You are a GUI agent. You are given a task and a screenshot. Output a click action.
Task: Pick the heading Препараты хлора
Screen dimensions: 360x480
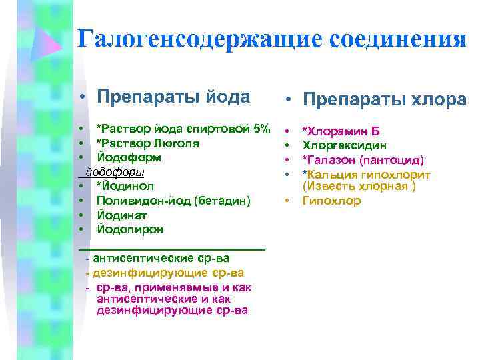click(385, 99)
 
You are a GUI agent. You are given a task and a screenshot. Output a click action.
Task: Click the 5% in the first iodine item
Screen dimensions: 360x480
click(261, 128)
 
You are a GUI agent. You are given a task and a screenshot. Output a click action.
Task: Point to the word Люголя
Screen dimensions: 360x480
click(175, 143)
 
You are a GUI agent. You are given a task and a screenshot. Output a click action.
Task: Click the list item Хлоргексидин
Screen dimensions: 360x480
click(344, 145)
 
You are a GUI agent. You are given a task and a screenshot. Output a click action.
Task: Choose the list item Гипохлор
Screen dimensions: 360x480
click(331, 201)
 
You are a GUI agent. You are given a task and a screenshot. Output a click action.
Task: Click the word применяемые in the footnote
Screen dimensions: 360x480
click(191, 287)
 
